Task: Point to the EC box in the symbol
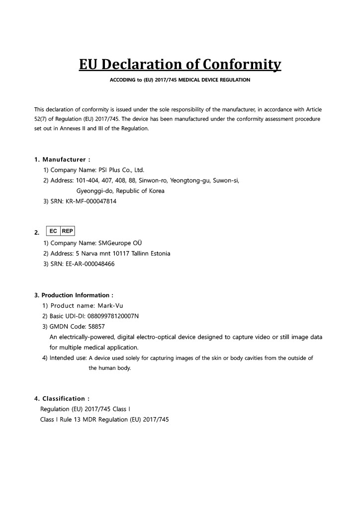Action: (53, 231)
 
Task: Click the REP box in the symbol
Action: (67, 231)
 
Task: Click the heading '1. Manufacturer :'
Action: (62, 160)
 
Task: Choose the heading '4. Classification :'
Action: (62, 399)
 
